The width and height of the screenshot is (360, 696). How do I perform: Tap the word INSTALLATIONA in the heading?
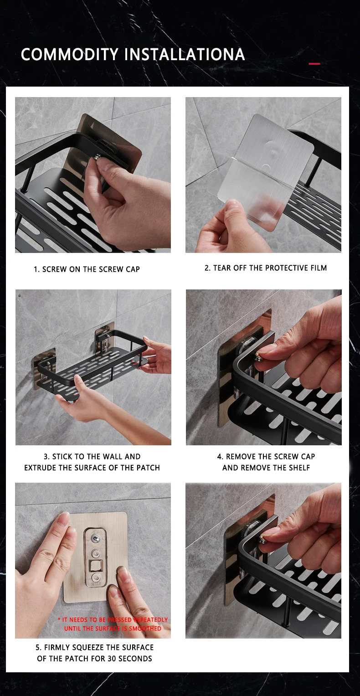185,55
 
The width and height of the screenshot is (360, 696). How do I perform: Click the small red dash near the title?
314,64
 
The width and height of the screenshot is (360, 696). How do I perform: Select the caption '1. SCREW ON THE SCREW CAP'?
87,269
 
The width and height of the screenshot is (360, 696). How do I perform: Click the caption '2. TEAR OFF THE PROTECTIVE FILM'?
266,268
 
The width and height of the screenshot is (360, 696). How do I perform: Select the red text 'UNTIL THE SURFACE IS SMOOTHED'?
113,629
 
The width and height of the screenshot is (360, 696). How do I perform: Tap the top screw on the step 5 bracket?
96,537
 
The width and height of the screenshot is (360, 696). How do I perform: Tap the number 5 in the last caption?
38,648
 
